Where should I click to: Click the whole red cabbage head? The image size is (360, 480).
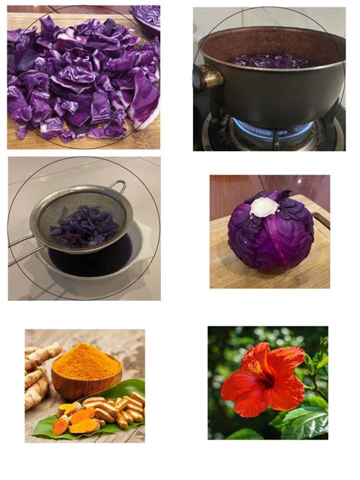[270, 232]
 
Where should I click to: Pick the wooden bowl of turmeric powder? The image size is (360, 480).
[85, 384]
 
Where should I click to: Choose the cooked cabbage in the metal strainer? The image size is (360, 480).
[84, 226]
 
